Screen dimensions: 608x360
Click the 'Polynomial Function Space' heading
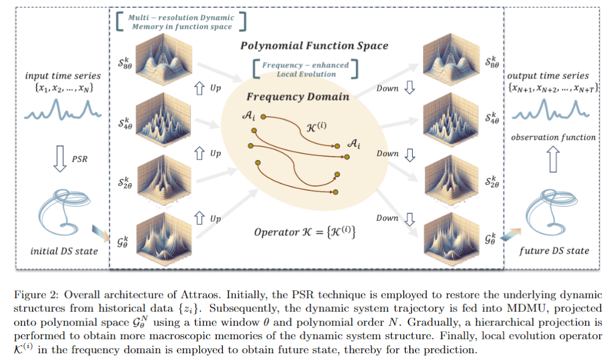pyautogui.click(x=314, y=46)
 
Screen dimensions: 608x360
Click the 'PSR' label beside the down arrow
pyautogui.click(x=79, y=159)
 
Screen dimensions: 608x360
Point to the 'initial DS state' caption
pyautogui.click(x=64, y=251)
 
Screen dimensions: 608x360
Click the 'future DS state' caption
pyautogui.click(x=554, y=251)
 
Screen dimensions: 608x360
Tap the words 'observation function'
pyautogui.click(x=553, y=137)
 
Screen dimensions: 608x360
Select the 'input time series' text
pyautogui.click(x=63, y=75)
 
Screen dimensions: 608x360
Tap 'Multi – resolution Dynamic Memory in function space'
pyautogui.click(x=181, y=22)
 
